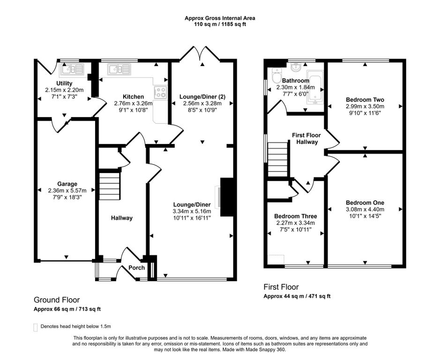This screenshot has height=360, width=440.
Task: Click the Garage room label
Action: (x=67, y=184)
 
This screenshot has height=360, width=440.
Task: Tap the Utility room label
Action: (x=64, y=83)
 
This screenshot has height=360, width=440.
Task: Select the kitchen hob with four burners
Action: (x=161, y=92)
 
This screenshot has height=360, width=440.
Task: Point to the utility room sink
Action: (x=72, y=69)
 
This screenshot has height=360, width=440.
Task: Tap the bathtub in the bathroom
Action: (x=316, y=87)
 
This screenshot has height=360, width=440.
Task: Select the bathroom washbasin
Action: (x=296, y=67)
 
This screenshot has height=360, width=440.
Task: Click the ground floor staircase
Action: (x=110, y=186)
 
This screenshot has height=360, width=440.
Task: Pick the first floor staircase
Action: (x=278, y=159)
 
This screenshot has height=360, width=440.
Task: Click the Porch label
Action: (x=137, y=268)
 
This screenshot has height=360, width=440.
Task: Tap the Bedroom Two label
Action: (x=365, y=100)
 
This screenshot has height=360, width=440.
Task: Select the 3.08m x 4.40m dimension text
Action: (x=365, y=209)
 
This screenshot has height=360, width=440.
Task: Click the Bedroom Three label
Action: (x=296, y=216)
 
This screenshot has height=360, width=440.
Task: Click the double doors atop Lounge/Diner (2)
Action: (x=200, y=53)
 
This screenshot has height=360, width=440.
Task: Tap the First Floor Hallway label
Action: (x=306, y=138)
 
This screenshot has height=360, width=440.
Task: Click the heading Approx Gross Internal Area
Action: (x=220, y=18)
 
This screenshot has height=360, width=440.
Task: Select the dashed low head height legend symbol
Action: (x=35, y=328)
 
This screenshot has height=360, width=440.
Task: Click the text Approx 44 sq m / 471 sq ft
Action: (x=297, y=296)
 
